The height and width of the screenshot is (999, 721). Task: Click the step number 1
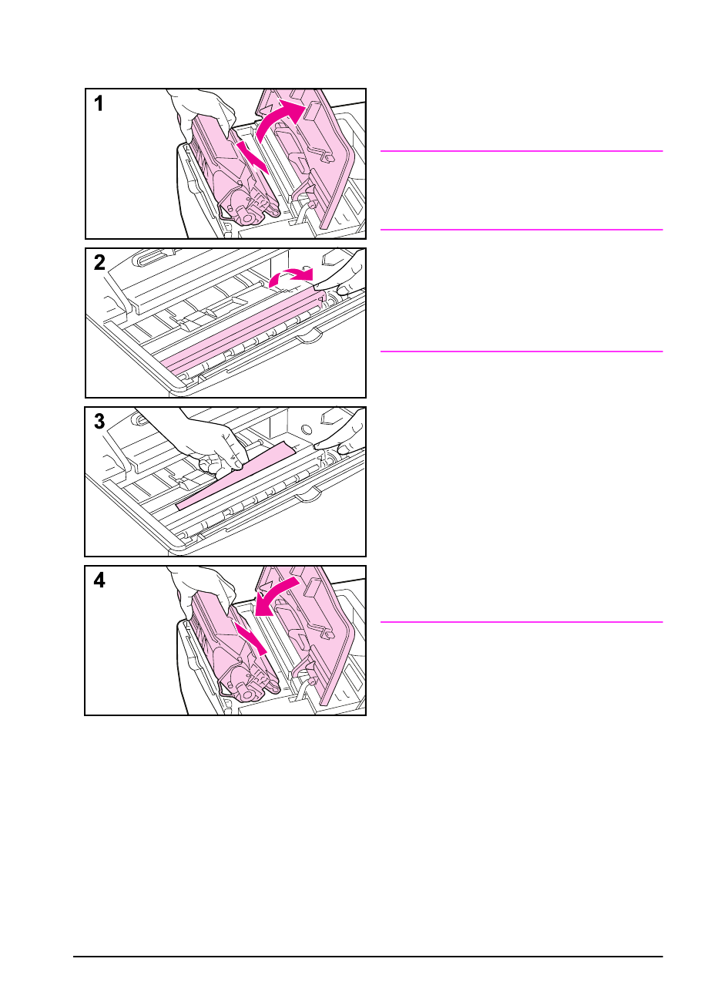tap(99, 103)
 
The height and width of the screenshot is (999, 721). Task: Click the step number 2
tap(99, 262)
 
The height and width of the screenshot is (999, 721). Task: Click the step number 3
tap(99, 421)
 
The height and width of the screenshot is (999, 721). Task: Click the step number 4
tap(99, 580)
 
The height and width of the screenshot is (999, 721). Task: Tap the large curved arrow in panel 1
tap(273, 116)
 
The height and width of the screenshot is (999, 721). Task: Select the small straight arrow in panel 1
tap(253, 157)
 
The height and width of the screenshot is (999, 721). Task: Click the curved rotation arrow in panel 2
tap(290, 275)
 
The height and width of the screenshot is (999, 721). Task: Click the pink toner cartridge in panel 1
tap(232, 174)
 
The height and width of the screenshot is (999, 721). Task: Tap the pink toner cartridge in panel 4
tap(232, 651)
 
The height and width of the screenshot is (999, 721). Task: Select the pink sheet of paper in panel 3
tap(236, 476)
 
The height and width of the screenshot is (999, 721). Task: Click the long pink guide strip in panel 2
tap(243, 330)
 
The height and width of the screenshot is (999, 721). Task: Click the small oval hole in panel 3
tap(307, 429)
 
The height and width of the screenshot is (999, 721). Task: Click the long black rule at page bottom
tap(367, 957)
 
